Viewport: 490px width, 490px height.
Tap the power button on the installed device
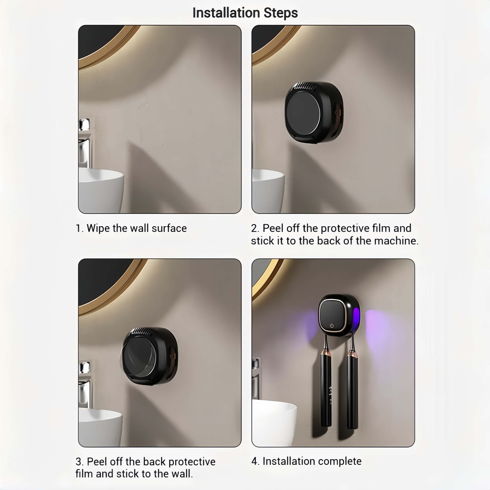click(x=332, y=325)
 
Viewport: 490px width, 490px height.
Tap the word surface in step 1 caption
click(x=169, y=228)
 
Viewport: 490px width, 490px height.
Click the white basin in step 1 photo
click(x=101, y=190)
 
